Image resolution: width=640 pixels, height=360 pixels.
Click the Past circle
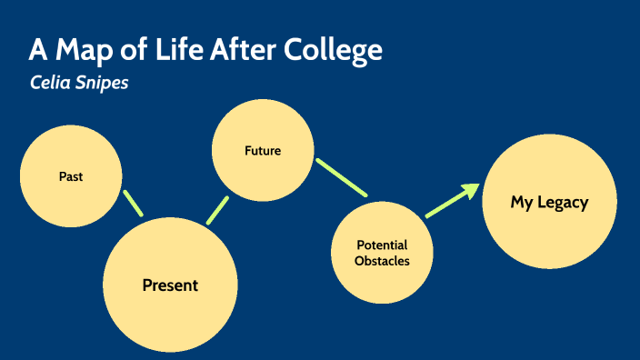pyautogui.click(x=70, y=176)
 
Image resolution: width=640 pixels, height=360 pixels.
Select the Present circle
pyautogui.click(x=170, y=285)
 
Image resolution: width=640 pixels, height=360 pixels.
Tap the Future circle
pyautogui.click(x=262, y=150)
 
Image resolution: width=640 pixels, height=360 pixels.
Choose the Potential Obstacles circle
pyautogui.click(x=381, y=253)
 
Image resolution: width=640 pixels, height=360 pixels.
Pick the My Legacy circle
pyautogui.click(x=549, y=202)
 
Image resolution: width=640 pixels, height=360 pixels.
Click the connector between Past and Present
pyautogui.click(x=133, y=202)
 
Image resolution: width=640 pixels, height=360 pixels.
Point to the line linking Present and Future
pyautogui.click(x=217, y=210)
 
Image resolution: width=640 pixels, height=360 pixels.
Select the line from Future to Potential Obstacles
pyautogui.click(x=341, y=177)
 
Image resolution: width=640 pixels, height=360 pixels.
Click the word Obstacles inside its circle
pyautogui.click(x=382, y=261)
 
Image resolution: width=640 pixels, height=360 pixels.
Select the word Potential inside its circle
pyautogui.click(x=382, y=245)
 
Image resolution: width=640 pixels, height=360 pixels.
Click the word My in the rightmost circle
pyautogui.click(x=521, y=202)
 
